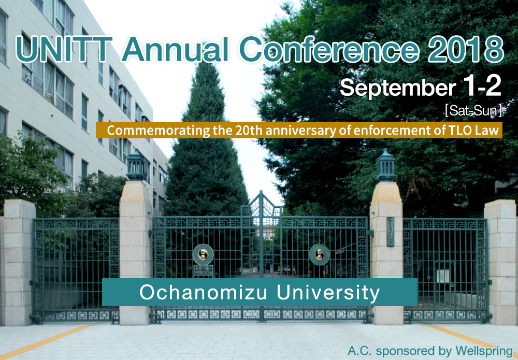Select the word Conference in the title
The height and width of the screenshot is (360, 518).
coord(329,50)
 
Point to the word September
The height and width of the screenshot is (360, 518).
coord(398,88)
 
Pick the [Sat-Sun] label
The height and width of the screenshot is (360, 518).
coord(473,111)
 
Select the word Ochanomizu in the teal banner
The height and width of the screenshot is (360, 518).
coord(205,292)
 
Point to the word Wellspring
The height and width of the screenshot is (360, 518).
coord(484,351)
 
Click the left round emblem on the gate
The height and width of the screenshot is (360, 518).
coord(203,254)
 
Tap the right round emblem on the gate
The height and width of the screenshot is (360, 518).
coord(319,254)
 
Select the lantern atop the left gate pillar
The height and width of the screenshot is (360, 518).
coord(136,165)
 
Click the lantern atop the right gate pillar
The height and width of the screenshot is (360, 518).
coord(385,165)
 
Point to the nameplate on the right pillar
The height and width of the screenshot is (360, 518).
coord(391,232)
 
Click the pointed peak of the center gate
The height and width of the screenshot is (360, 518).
coord(261,191)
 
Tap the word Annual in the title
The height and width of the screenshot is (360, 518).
coord(175,50)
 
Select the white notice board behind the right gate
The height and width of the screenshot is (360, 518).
coord(443,276)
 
